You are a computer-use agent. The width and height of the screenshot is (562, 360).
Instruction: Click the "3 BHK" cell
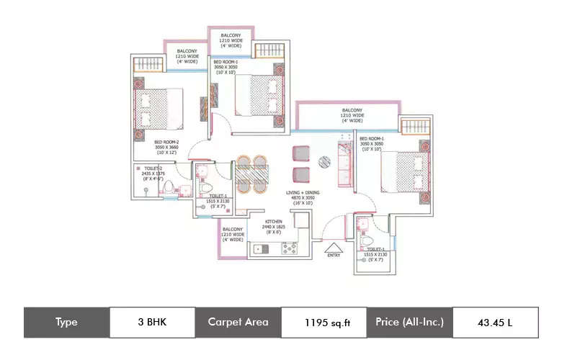152,322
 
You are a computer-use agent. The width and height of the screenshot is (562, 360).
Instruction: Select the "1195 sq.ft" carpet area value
324,322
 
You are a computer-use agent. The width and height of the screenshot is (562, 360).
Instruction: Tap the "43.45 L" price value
495,322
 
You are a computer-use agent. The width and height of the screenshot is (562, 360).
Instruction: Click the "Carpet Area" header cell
238,322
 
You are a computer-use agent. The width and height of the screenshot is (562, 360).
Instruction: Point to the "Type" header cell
66,322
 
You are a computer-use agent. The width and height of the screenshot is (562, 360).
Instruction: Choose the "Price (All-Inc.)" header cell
409,322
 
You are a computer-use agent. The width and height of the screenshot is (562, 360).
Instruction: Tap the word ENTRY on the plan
334,254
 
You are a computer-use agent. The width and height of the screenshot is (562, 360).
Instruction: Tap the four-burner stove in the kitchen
290,248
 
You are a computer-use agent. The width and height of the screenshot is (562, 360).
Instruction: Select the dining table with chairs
252,174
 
